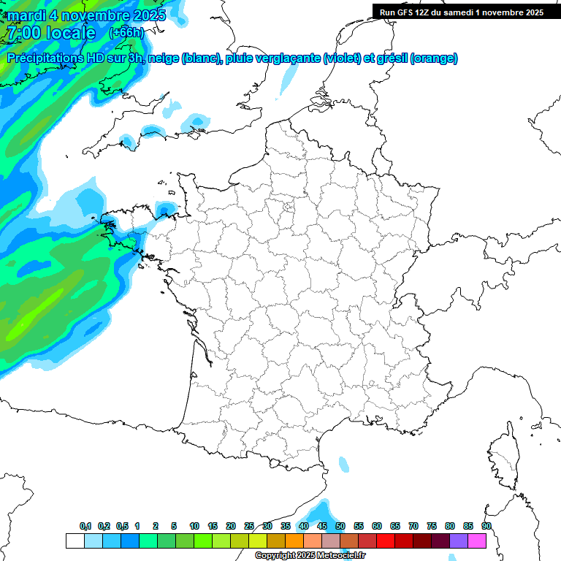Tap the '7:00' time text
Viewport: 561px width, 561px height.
pyautogui.click(x=23, y=33)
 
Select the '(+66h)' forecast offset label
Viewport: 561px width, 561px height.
pyautogui.click(x=126, y=33)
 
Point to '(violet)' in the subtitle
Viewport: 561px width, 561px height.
pyautogui.click(x=342, y=58)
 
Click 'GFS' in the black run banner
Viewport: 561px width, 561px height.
pyautogui.click(x=406, y=12)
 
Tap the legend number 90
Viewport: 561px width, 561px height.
pyautogui.click(x=486, y=526)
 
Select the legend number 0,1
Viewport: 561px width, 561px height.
pyautogui.click(x=85, y=526)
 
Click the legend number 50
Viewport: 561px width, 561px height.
pyautogui.click(x=340, y=526)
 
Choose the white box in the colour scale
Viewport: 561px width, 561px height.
pyautogui.click(x=75, y=541)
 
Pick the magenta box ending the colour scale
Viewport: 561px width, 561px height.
pyautogui.click(x=477, y=541)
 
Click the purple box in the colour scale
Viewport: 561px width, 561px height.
pyautogui.click(x=459, y=541)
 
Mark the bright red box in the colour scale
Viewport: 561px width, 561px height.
pyautogui.click(x=386, y=541)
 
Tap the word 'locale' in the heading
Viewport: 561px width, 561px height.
pyautogui.click(x=70, y=33)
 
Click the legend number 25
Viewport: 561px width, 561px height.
pyautogui.click(x=249, y=526)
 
